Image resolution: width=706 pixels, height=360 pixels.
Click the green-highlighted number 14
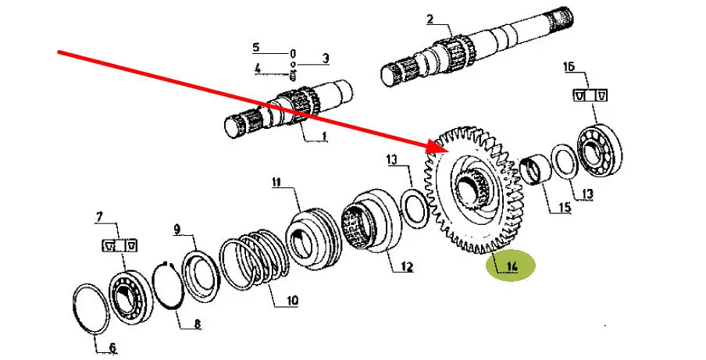click(x=511, y=267)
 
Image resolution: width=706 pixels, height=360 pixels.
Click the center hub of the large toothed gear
click(x=471, y=190)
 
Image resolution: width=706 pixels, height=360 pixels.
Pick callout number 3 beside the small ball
click(x=326, y=59)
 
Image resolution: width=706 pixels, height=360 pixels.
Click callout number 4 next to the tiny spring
click(x=257, y=69)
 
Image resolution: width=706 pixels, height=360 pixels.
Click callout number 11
click(x=276, y=183)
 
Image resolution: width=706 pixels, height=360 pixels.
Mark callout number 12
click(x=406, y=267)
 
